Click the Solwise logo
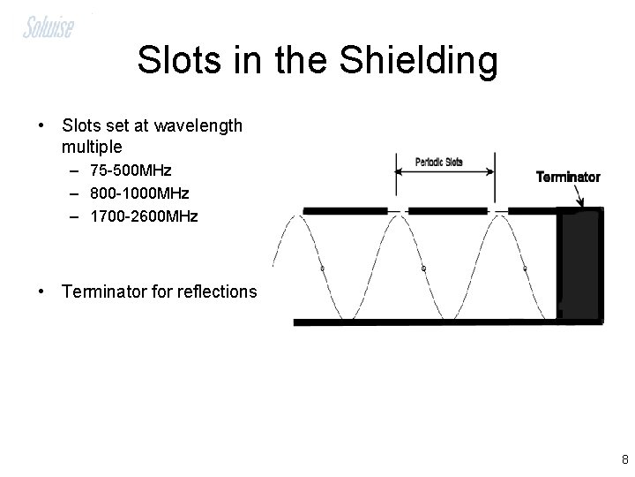[x=49, y=26]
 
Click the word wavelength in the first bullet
[x=198, y=125]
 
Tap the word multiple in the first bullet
[x=93, y=145]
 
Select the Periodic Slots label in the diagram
[x=437, y=163]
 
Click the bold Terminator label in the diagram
[x=568, y=177]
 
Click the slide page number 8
[x=624, y=458]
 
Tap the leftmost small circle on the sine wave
[x=323, y=268]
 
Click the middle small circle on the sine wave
[x=423, y=268]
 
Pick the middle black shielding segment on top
[x=448, y=210]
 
